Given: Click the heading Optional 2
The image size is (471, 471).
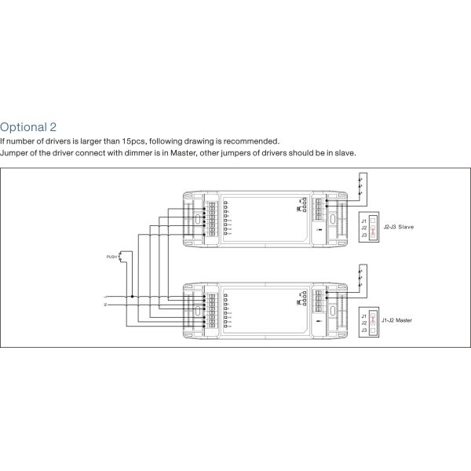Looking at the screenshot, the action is pyautogui.click(x=28, y=126).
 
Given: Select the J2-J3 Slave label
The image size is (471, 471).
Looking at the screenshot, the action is pyautogui.click(x=399, y=227).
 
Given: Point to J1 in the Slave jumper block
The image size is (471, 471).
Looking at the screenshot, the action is pyautogui.click(x=363, y=220).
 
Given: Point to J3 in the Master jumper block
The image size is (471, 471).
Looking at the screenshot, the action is pyautogui.click(x=363, y=330).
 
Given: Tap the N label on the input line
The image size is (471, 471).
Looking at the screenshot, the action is pyautogui.click(x=104, y=305).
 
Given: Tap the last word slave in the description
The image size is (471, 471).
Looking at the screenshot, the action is pyautogui.click(x=346, y=152).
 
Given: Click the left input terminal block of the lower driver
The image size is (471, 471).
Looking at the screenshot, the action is pyautogui.click(x=212, y=311).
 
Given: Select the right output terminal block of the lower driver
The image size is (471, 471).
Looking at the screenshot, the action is pyautogui.click(x=320, y=301).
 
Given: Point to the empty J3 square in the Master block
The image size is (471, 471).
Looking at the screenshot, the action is pyautogui.click(x=374, y=330).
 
